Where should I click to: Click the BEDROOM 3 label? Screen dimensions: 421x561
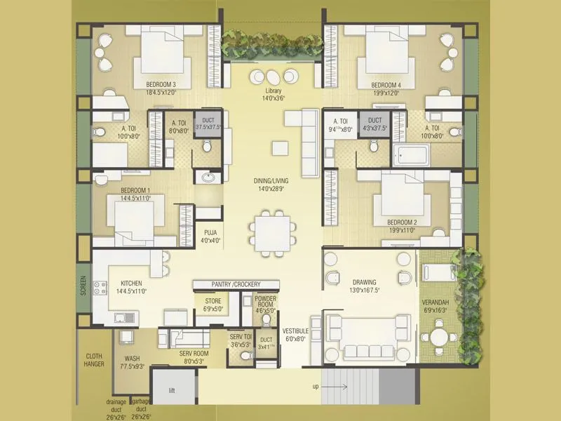(x=161, y=85)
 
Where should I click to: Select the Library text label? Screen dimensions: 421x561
(x=273, y=92)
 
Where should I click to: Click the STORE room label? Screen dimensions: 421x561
(x=212, y=301)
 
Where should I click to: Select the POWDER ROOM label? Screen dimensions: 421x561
(x=266, y=302)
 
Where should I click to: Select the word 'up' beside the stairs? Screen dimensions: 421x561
(x=315, y=387)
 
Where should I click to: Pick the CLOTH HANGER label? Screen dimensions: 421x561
(x=94, y=360)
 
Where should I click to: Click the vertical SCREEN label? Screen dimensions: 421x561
(x=83, y=285)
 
